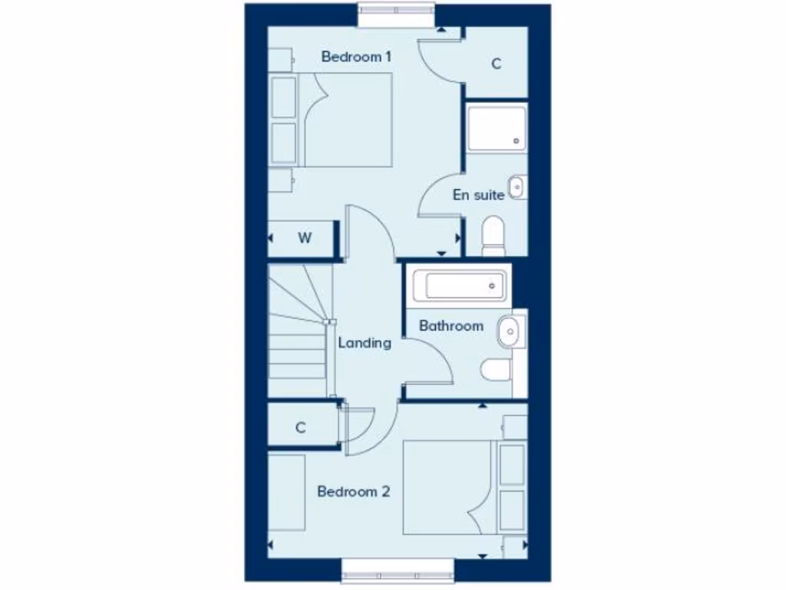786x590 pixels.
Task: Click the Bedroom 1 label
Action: point(357,57)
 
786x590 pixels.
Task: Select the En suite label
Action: point(478,195)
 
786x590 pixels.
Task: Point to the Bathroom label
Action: point(451,326)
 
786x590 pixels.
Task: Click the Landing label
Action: point(365,343)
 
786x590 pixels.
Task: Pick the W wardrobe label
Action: point(305,238)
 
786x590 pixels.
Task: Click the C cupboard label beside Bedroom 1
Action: point(496,65)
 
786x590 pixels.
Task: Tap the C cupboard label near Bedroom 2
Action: point(301,428)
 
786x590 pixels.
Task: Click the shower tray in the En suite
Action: point(497,128)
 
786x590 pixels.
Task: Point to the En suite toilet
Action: point(493,235)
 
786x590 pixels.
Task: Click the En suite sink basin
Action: point(518,186)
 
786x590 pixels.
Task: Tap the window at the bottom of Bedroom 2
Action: point(398,572)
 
